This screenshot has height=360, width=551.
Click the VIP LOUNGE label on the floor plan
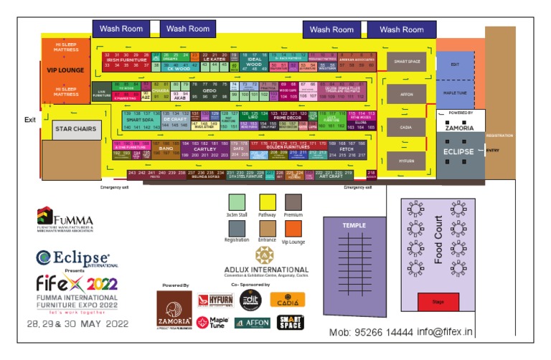pos(65,70)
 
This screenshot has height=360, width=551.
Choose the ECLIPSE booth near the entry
pos(458,152)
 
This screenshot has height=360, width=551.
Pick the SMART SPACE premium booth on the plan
pos(407,62)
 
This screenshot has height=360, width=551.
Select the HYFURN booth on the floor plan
pos(407,161)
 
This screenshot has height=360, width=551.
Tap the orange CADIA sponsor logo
pos(288,300)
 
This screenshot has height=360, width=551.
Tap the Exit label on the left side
pos(29,120)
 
